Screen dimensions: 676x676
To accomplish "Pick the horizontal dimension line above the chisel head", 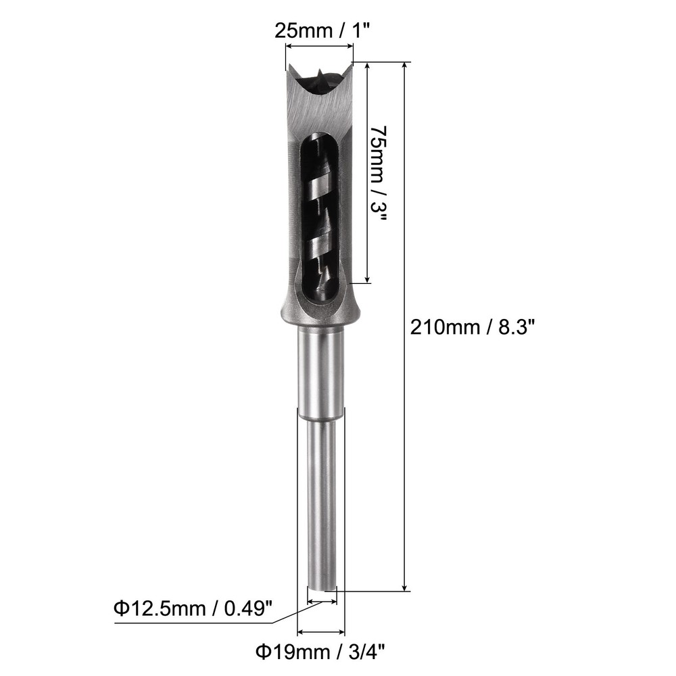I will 319,47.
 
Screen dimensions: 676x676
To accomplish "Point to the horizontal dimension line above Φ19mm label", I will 321,633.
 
